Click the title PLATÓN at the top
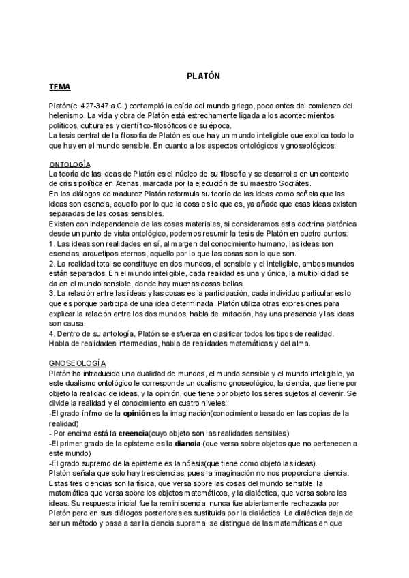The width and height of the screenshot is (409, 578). (x=204, y=76)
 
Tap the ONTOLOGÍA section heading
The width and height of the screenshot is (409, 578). (x=71, y=165)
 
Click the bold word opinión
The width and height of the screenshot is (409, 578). (x=142, y=413)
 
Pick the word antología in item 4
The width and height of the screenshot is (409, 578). (x=113, y=333)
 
